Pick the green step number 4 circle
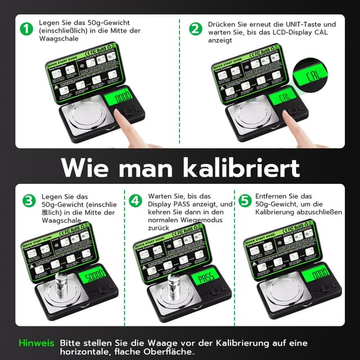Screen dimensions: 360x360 (135, 200)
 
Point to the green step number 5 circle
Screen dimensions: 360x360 (244, 200)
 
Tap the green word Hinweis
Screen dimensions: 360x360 (37, 343)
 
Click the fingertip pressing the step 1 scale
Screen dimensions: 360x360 (120, 114)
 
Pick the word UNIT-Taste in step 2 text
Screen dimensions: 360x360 (310, 25)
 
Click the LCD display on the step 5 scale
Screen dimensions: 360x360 (314, 275)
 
